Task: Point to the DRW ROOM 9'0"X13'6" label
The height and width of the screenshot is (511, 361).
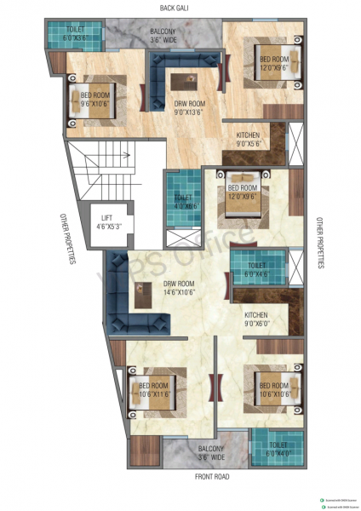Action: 186,106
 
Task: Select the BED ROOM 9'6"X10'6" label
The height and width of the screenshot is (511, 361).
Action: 97,100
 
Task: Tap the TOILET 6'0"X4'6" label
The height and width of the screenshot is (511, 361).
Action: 256,269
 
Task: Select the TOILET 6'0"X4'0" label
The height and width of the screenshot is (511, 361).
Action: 276,449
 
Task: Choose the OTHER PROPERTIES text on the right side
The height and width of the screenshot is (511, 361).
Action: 320,243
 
